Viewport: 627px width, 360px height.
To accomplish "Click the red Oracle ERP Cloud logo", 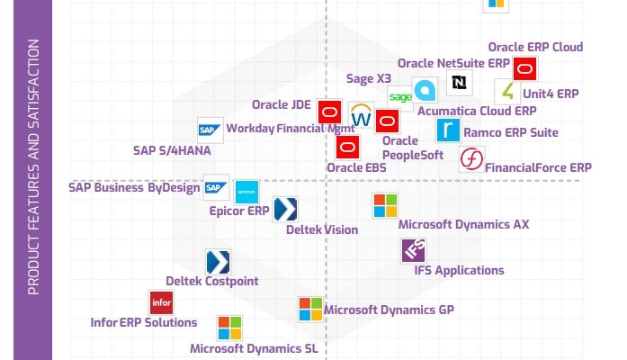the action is click(524, 69).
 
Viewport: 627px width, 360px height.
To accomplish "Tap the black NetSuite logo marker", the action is click(459, 83).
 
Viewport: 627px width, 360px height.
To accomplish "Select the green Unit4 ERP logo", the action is click(507, 91).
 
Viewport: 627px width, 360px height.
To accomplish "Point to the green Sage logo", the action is click(400, 97).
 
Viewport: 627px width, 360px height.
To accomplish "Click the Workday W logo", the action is click(361, 115).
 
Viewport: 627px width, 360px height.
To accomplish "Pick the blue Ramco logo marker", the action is click(448, 130).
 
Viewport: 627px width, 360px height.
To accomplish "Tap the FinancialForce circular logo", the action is click(471, 158).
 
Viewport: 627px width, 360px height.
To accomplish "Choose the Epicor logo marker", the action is click(246, 192).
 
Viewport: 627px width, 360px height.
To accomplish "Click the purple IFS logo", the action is click(414, 250).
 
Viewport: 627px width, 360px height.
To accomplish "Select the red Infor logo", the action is click(161, 302).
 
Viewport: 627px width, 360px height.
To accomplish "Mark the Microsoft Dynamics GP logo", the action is click(310, 310).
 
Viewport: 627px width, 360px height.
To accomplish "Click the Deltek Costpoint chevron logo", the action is click(218, 262).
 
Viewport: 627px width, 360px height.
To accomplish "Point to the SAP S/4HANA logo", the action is click(210, 130).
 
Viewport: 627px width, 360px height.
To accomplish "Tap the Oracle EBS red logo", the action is click(347, 148).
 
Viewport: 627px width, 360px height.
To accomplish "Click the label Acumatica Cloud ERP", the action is click(477, 111).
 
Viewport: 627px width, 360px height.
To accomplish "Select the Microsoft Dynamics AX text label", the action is click(463, 224).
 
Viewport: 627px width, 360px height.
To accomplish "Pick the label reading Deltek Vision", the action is click(322, 229).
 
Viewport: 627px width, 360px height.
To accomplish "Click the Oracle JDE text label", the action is click(281, 104).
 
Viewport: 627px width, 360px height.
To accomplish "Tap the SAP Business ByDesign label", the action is click(134, 187).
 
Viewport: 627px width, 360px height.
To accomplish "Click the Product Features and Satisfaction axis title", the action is click(33, 166).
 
